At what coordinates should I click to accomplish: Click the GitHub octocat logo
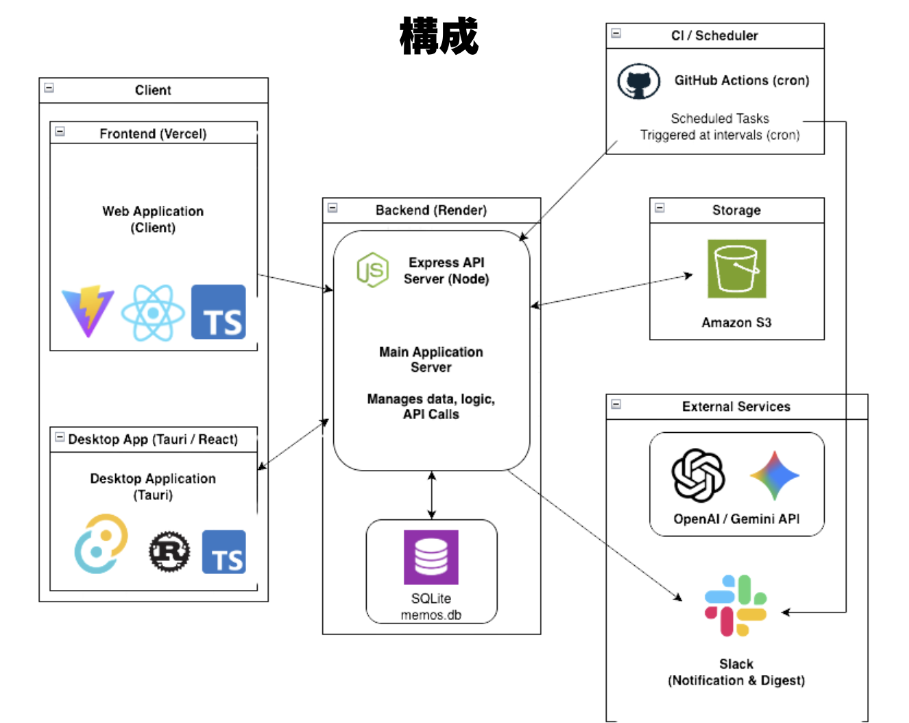point(638,82)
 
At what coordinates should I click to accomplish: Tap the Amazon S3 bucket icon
point(736,269)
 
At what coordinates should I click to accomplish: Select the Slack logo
point(736,605)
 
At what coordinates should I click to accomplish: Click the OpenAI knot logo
point(698,475)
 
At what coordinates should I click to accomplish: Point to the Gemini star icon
point(775,475)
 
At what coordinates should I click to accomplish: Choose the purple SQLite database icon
point(431,557)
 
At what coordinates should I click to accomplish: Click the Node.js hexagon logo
point(372,270)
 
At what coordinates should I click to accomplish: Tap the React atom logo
point(153,313)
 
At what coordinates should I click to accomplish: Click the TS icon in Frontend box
point(218,312)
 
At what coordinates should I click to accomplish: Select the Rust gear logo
point(169,551)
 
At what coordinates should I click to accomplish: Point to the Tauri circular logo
point(101,544)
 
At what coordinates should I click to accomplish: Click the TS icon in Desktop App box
point(223,552)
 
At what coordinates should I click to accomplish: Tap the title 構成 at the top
point(439,36)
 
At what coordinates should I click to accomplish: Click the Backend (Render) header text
point(431,211)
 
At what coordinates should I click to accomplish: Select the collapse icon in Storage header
point(659,208)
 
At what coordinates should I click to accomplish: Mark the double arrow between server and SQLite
point(431,495)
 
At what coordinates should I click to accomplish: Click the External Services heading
point(736,407)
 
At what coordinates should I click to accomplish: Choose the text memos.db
point(431,615)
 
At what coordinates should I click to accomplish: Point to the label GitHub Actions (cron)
point(741,80)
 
